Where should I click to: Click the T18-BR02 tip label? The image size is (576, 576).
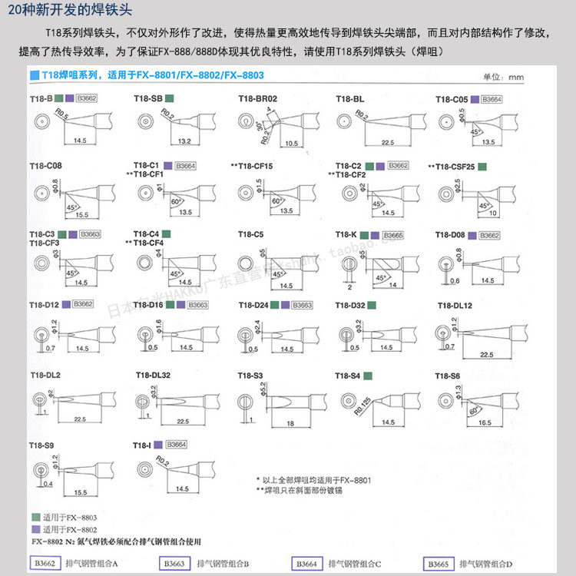[x=257, y=98]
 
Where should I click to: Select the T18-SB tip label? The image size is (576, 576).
[x=147, y=98]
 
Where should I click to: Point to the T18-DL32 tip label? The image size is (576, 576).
[x=153, y=375]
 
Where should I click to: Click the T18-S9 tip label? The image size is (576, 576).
[x=41, y=445]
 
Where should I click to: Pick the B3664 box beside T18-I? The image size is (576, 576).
[x=176, y=445]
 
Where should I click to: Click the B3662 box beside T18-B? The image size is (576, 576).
[x=87, y=98]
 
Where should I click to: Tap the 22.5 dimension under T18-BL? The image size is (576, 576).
[x=387, y=142]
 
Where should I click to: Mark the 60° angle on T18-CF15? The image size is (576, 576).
[x=276, y=200]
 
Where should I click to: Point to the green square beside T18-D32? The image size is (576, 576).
[x=371, y=305]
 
